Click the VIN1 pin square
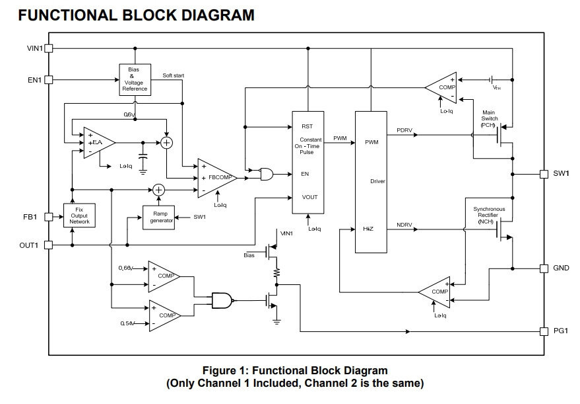[x=48, y=48]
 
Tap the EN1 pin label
[x=33, y=80]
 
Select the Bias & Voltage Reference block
[x=135, y=79]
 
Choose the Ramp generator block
[x=161, y=217]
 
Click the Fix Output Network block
[x=79, y=215]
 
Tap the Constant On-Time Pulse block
[x=309, y=163]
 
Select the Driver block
[x=370, y=181]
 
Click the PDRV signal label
[x=404, y=130]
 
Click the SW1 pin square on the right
[x=544, y=174]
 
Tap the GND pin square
[x=544, y=268]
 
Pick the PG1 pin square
[x=544, y=331]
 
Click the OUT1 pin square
[x=48, y=245]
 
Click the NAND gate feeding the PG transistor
[x=222, y=301]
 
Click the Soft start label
[x=174, y=75]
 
